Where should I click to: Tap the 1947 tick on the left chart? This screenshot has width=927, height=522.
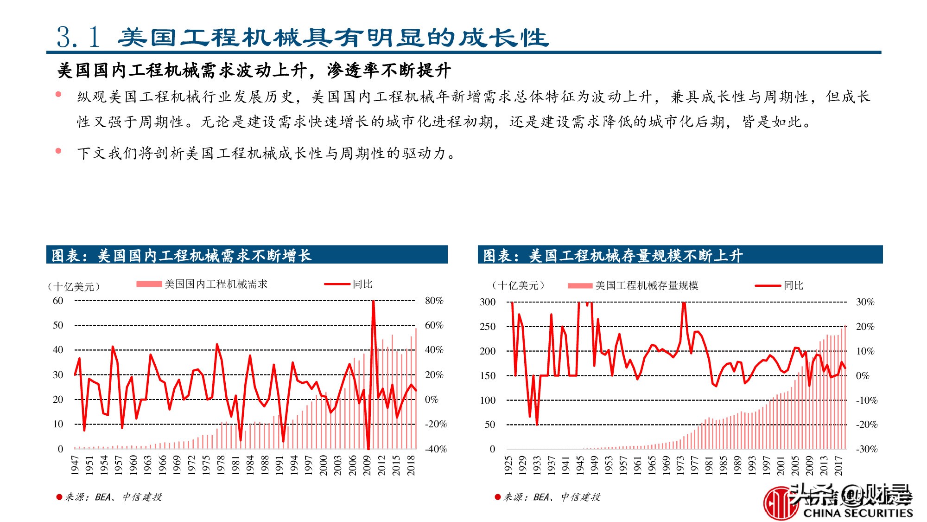(x=75, y=465)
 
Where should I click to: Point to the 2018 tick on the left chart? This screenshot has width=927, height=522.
(x=411, y=465)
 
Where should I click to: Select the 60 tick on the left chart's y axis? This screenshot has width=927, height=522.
(x=58, y=301)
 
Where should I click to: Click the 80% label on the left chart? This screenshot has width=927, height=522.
(x=434, y=301)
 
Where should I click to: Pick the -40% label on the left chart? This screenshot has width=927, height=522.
(x=436, y=449)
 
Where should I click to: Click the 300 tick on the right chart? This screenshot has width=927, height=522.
(x=487, y=302)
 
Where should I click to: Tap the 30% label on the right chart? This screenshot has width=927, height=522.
(x=865, y=302)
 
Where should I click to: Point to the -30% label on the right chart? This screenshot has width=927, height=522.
(x=866, y=449)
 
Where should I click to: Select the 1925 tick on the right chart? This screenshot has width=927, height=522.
(x=508, y=465)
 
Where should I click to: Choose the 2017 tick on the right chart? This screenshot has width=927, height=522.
(x=838, y=465)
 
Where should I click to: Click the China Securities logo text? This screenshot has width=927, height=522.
(x=857, y=513)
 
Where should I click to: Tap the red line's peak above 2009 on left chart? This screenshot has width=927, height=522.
(x=373, y=302)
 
